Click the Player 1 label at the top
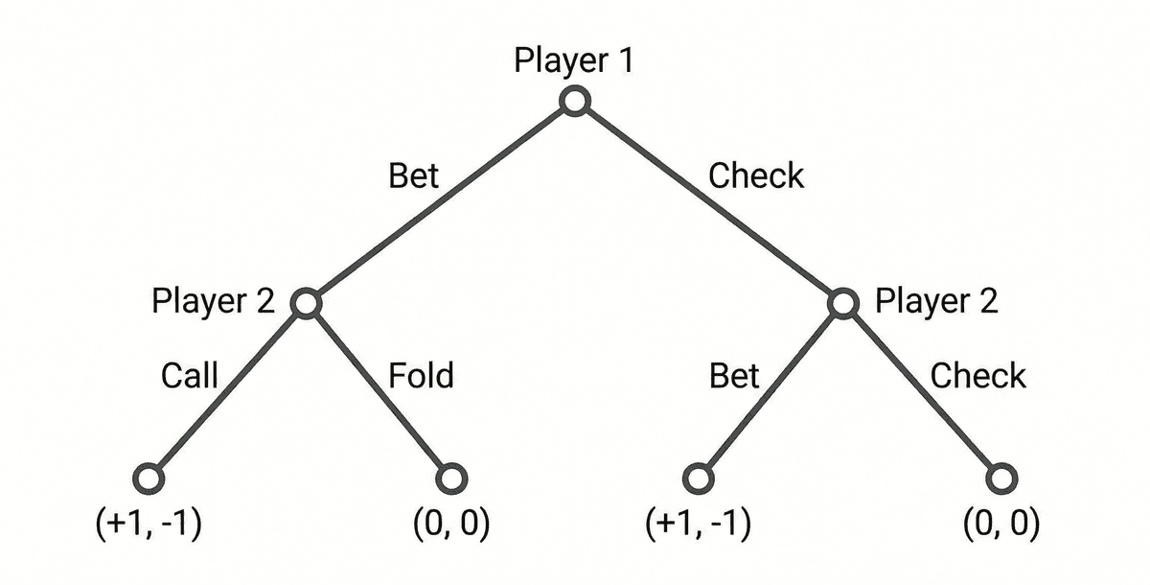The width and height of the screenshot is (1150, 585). point(573,60)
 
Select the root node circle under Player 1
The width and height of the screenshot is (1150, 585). point(574,101)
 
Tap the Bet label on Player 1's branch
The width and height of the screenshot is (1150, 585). point(413,176)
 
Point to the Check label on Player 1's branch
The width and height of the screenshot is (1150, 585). point(755,176)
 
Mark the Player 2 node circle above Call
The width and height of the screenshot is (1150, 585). point(306,303)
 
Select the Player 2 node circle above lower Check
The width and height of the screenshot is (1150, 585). point(842,303)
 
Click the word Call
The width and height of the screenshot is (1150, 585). point(190,375)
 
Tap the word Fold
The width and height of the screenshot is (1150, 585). point(421,375)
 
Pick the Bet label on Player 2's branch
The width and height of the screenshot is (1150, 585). point(734,376)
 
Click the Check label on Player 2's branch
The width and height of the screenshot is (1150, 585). point(977,376)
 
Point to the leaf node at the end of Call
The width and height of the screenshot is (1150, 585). point(149,477)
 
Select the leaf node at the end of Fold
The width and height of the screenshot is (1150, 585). point(451,477)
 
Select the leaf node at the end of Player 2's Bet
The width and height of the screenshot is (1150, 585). point(699,477)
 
